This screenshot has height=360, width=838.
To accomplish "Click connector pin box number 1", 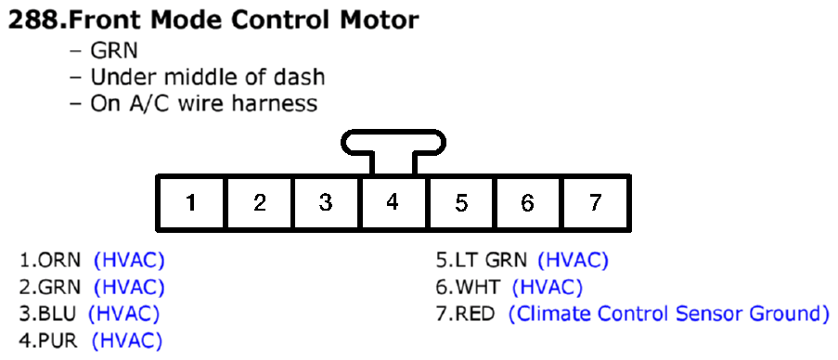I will point(190,202).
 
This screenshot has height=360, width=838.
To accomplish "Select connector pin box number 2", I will point(259,202).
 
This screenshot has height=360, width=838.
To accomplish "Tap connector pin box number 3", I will point(326,202).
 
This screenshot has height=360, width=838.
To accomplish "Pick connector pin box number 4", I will point(393,202).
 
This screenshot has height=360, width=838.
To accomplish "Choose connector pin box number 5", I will point(461,202).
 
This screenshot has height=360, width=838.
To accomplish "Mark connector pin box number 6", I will point(527,202).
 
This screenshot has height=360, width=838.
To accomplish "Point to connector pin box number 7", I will point(596,202).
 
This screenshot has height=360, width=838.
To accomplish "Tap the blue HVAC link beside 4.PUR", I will point(126,341).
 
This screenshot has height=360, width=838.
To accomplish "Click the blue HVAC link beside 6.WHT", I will point(548,288).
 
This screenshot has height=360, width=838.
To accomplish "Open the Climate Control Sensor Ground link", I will point(668,314).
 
